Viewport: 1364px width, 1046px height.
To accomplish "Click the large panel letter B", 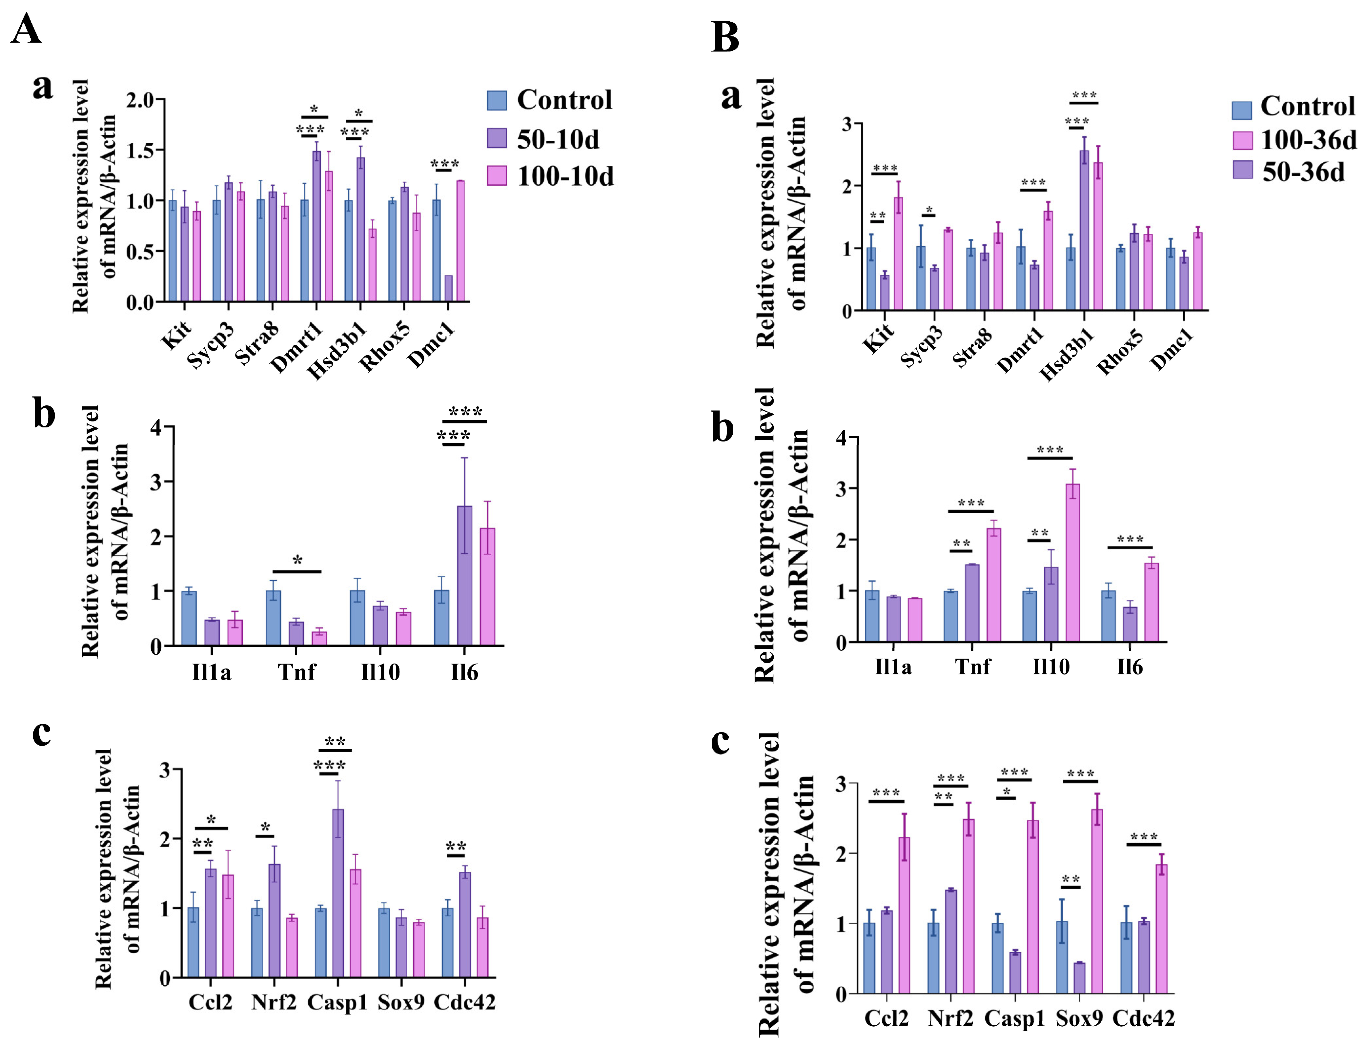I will [x=725, y=37].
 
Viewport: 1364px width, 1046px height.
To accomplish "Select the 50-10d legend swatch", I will [x=496, y=138].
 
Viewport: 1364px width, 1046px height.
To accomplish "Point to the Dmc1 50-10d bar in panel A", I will [x=448, y=288].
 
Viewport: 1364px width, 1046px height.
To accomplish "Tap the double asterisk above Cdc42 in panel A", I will [x=456, y=847].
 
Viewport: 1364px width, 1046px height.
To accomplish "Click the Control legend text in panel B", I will [x=1307, y=107].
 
